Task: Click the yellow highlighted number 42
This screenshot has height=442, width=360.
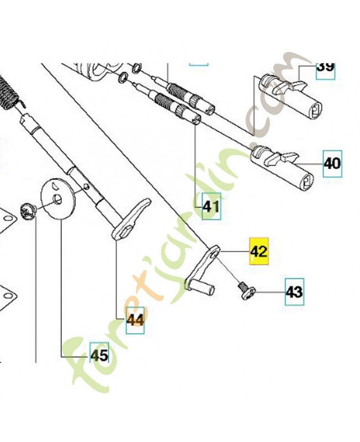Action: pyautogui.click(x=259, y=251)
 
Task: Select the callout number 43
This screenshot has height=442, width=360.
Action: pyautogui.click(x=294, y=292)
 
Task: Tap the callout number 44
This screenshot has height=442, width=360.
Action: pyautogui.click(x=135, y=320)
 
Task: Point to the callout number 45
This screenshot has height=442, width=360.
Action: pyautogui.click(x=99, y=355)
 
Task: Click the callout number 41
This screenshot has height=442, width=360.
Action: pyautogui.click(x=211, y=207)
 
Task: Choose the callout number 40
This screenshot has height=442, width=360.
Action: pyautogui.click(x=332, y=164)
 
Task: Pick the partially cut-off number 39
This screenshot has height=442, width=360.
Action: pyautogui.click(x=326, y=69)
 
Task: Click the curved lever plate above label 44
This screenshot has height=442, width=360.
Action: pyautogui.click(x=131, y=219)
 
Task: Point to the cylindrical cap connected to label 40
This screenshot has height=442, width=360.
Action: pyautogui.click(x=282, y=167)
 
